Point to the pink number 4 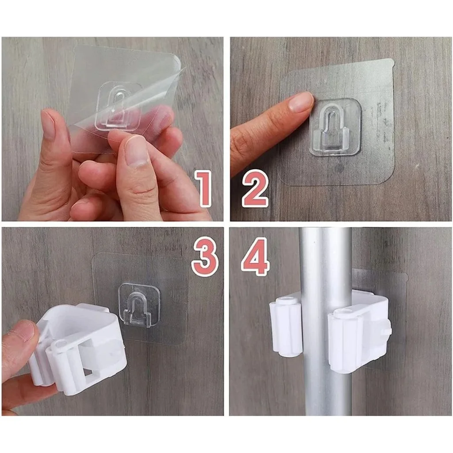255,256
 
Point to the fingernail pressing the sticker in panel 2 301,102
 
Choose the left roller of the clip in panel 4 286,328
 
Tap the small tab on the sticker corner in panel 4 404,277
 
